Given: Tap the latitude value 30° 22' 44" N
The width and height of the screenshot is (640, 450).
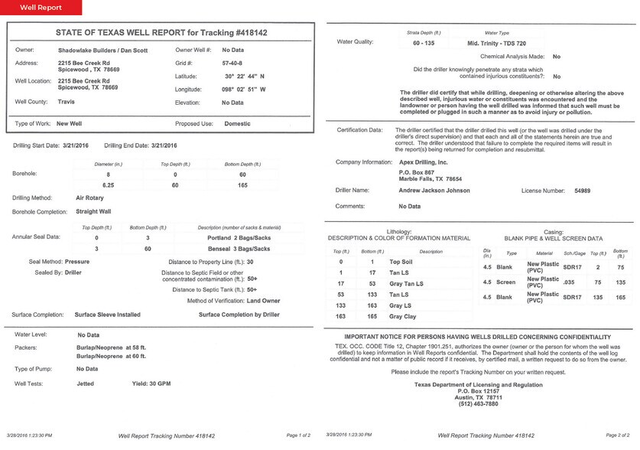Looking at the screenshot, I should click(x=245, y=76).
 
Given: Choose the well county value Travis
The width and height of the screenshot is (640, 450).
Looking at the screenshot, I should click(x=67, y=102).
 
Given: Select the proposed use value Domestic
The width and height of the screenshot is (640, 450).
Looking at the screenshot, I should click(x=237, y=123).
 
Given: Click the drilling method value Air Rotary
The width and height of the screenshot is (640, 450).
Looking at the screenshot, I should click(x=90, y=197).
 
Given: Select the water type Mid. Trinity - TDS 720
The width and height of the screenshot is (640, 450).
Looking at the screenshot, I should click(x=498, y=44).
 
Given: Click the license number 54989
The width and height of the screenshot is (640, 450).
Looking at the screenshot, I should click(x=584, y=190).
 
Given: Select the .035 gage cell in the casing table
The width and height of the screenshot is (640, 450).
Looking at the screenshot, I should click(x=570, y=281).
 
